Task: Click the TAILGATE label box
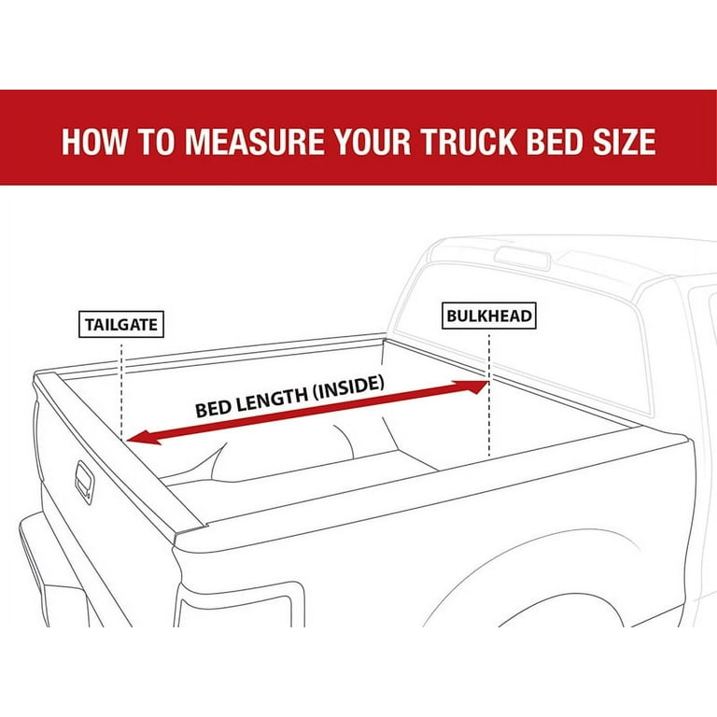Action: [121, 324]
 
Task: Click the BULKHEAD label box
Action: [489, 316]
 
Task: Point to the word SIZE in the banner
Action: [625, 141]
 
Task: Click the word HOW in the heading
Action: [94, 141]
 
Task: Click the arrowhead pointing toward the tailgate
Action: [143, 438]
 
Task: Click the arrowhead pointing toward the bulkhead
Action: [471, 387]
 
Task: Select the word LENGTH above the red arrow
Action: [265, 399]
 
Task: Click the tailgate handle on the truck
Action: [85, 483]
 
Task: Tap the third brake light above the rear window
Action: [522, 258]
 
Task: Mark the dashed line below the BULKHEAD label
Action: [489, 395]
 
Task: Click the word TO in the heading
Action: [156, 141]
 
